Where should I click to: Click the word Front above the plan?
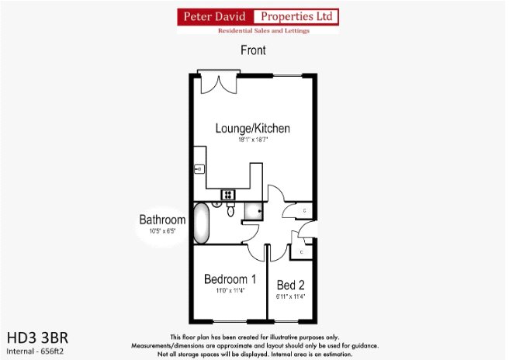[253, 50]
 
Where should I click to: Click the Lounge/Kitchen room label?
[253, 128]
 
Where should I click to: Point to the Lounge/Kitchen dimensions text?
[253, 140]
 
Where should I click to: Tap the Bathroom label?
[162, 220]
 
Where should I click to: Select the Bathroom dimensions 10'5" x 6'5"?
[162, 231]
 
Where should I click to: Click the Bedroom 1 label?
[230, 279]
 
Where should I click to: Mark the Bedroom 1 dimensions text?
[230, 291]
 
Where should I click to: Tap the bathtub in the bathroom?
[201, 222]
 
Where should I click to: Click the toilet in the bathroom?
[230, 210]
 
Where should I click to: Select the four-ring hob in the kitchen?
[229, 194]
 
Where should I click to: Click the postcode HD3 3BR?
[37, 338]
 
